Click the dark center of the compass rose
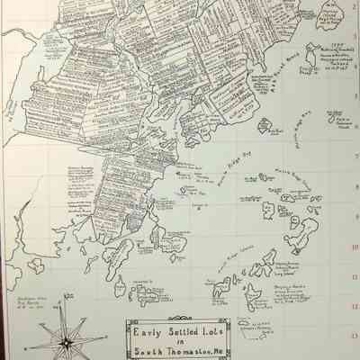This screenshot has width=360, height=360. pos(67,341)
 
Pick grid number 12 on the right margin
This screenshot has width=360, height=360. pos(355,306)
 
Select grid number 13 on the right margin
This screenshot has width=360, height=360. pos(355,336)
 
